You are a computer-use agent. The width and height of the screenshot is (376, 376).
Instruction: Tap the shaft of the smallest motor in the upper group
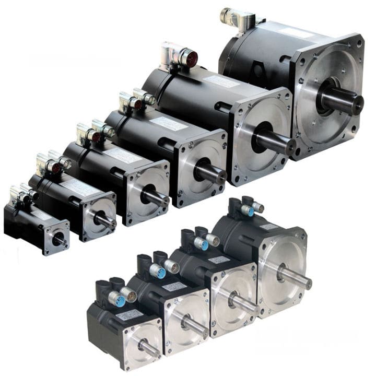[x=59, y=240]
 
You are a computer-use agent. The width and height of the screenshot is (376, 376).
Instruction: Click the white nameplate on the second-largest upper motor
[x=219, y=81]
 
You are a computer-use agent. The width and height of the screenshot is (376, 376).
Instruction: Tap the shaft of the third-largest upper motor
[x=211, y=173]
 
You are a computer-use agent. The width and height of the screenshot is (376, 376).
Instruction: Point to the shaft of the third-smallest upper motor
[x=155, y=197]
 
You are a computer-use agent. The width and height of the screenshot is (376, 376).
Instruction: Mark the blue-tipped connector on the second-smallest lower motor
[x=161, y=273]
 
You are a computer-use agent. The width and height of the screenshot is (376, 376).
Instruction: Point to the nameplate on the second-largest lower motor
[x=219, y=260]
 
